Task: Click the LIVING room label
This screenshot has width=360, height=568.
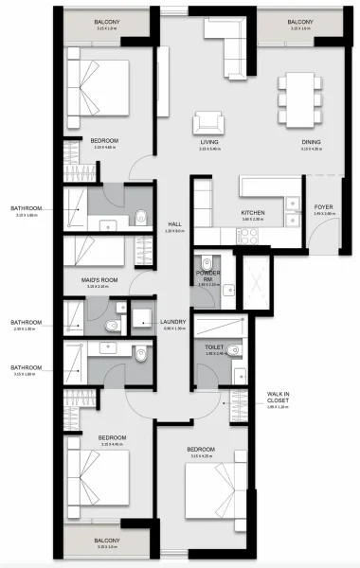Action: coord(209,142)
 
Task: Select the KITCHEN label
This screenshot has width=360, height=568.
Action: coord(253,213)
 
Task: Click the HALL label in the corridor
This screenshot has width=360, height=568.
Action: coord(173,224)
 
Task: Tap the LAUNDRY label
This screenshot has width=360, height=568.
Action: coord(173,321)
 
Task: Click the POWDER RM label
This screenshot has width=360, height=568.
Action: coord(208,275)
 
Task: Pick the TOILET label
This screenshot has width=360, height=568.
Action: coord(213,347)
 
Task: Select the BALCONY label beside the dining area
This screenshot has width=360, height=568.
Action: coord(300,21)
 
